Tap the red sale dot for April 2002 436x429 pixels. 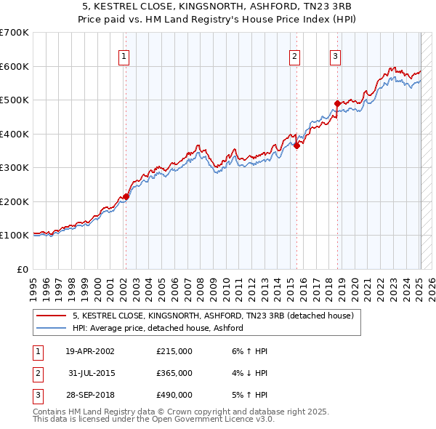(x=126, y=196)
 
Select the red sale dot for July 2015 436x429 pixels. (x=297, y=145)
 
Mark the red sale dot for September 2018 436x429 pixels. (x=337, y=103)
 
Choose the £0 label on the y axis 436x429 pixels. (x=22, y=269)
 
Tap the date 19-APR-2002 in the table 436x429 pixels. (x=90, y=350)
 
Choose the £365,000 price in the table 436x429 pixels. (x=174, y=373)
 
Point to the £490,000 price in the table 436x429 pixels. (x=174, y=395)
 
